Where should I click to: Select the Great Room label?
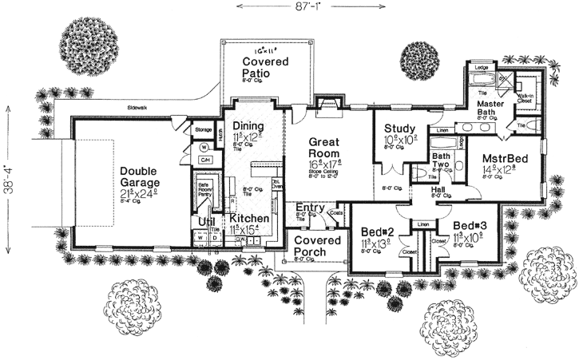click(x=318, y=145)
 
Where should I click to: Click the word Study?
click(x=397, y=129)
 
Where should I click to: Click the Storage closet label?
click(x=202, y=127)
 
